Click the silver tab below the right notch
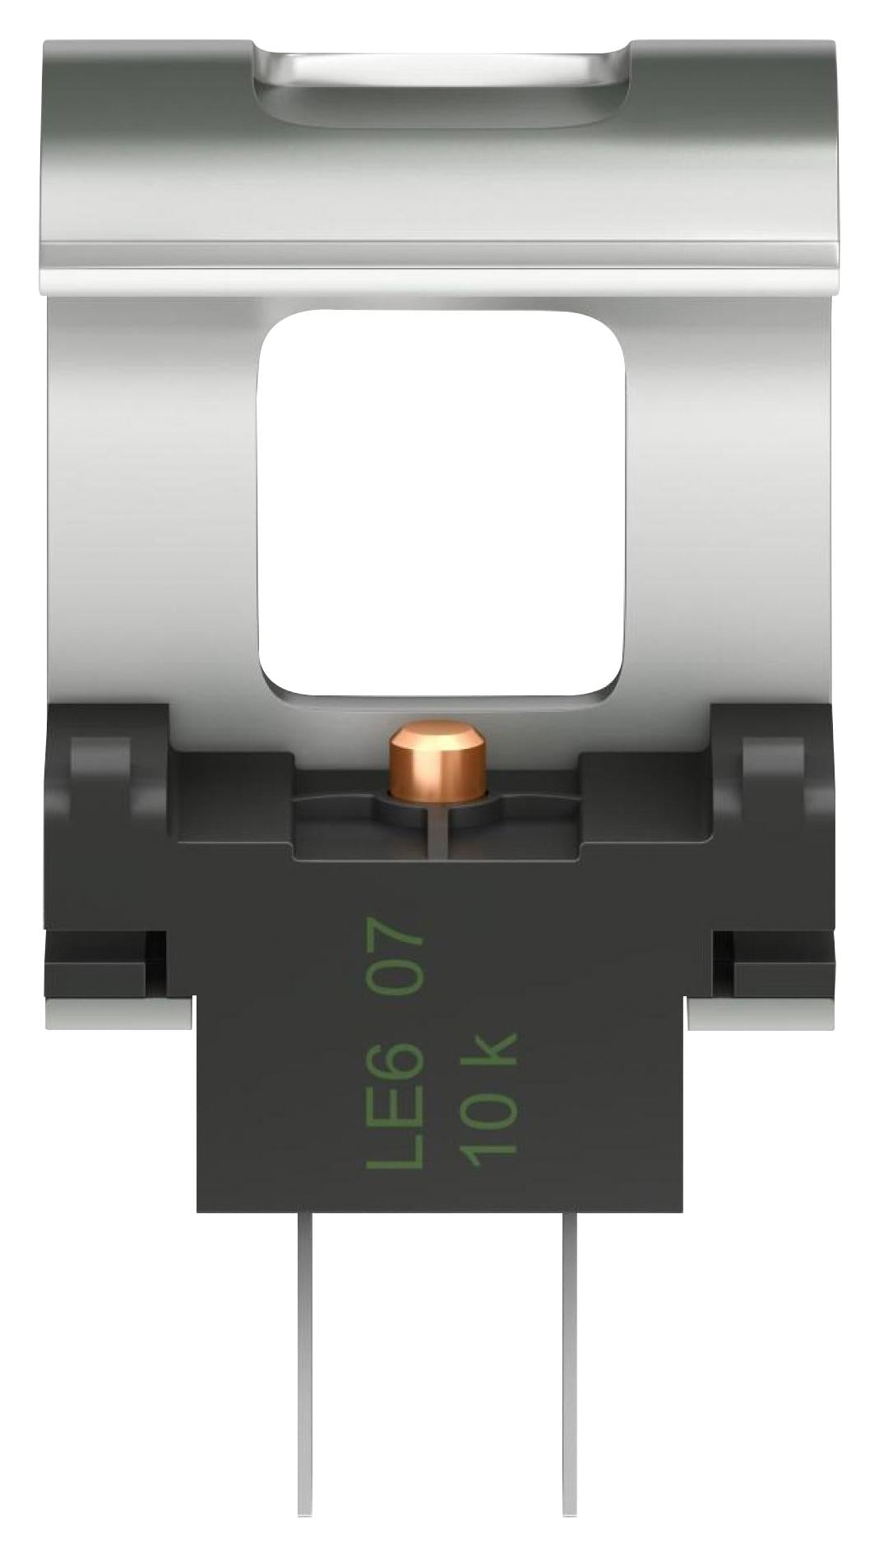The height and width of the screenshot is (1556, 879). [761, 1013]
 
